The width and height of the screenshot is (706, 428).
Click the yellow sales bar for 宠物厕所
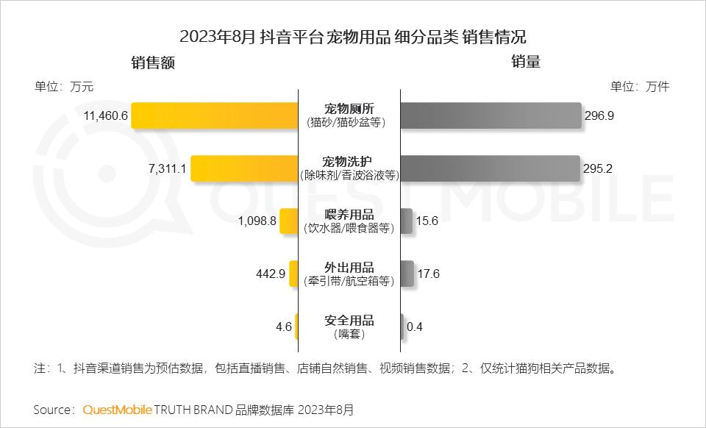point(215,115)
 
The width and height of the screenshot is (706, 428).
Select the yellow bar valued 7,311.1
point(244,168)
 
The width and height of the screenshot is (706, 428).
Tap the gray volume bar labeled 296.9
point(491,115)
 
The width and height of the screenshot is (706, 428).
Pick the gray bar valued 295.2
point(491,168)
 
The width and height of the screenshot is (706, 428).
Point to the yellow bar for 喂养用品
point(289,221)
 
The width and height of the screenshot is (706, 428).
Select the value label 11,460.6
point(107,115)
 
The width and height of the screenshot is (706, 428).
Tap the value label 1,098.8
point(257,221)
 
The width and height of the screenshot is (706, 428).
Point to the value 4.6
point(284,327)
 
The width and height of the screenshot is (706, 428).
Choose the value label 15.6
point(427,221)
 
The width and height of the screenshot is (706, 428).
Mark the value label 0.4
point(415,327)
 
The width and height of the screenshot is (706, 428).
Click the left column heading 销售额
point(153,63)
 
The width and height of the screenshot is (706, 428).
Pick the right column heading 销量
point(526,63)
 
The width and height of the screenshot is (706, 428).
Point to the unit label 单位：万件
point(639,86)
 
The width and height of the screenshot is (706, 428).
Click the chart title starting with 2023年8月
point(353,37)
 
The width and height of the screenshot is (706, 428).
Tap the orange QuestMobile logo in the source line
point(117,409)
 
